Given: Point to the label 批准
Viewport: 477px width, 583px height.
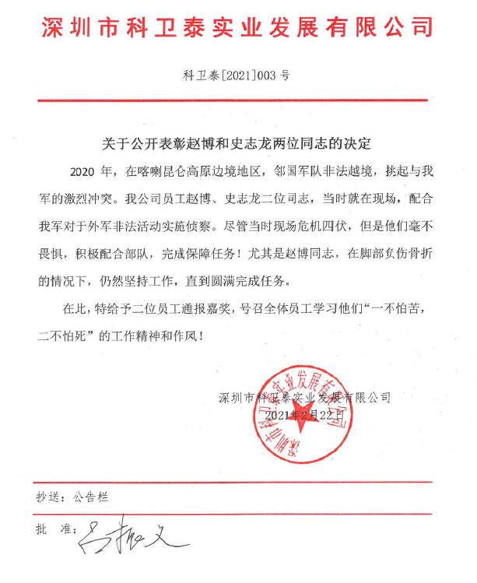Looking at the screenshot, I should (52, 529).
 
